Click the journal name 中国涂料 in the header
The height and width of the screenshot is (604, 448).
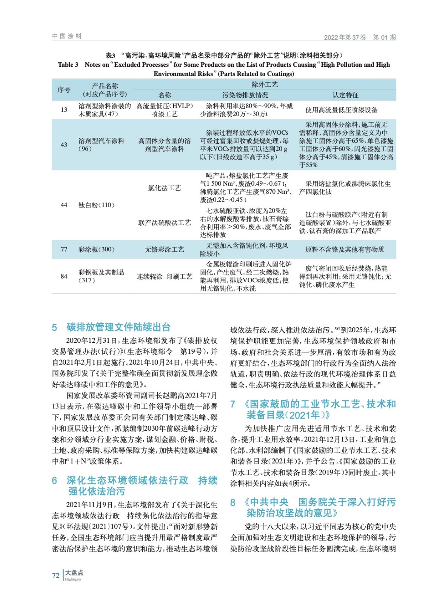pos(67,36)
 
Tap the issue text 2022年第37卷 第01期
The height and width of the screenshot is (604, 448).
pos(360,37)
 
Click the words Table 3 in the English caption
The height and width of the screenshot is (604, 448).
pos(68,65)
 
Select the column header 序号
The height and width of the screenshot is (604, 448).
pos(64,90)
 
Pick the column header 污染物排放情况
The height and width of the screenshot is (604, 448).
pos(245,95)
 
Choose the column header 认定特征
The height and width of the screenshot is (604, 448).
pos(345,95)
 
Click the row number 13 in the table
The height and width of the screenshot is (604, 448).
pos(64,110)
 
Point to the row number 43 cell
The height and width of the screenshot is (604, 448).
pos(64,145)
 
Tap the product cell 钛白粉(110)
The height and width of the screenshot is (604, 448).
pos(96,205)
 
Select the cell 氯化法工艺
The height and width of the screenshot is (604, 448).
pos(164,188)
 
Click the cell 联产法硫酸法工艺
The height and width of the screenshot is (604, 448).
pos(164,223)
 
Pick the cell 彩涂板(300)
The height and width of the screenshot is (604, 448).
pos(96,249)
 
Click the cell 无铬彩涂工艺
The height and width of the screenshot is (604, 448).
pos(164,249)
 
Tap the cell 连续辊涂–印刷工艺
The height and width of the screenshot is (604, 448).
pos(164,276)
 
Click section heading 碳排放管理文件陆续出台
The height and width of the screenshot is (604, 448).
pos(119,327)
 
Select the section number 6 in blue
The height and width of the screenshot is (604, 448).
pos(54,480)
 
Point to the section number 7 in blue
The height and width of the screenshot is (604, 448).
pos(233,404)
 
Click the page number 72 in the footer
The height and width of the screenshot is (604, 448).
pos(55,575)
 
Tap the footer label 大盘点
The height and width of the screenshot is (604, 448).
pos(74,573)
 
